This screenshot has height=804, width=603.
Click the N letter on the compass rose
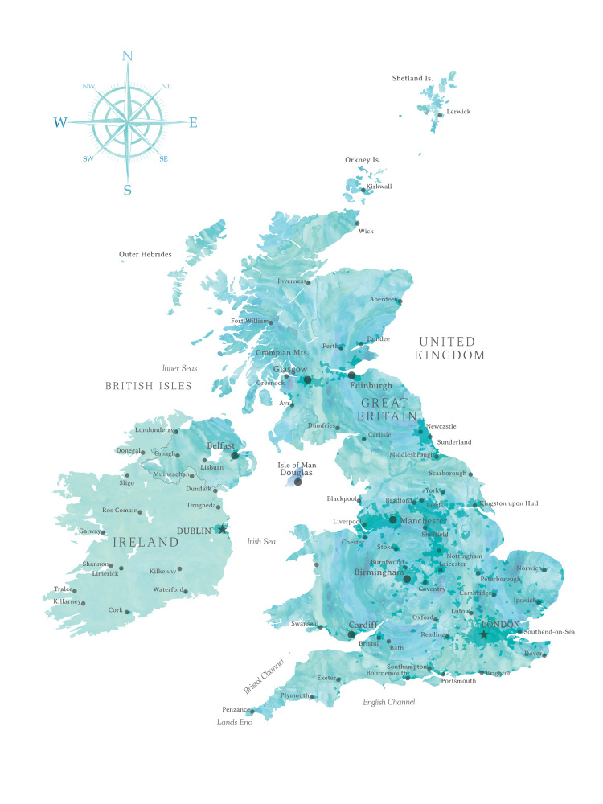(126, 55)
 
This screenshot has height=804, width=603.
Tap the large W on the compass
(60, 122)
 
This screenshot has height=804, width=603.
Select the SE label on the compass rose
(164, 159)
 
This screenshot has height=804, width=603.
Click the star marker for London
(483, 634)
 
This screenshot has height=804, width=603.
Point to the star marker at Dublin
(223, 529)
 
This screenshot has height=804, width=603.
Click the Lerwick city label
(458, 112)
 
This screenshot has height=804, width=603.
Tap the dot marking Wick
(358, 224)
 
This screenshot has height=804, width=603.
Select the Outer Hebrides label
(146, 255)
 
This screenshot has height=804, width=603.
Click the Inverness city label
(291, 281)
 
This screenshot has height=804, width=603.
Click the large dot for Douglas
(297, 482)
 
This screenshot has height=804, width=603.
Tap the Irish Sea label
(261, 542)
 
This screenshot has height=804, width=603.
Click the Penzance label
(235, 710)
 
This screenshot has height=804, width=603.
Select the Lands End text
(235, 723)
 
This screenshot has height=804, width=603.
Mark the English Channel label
(388, 703)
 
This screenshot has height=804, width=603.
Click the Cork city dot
(126, 612)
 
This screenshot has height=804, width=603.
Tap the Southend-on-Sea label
(549, 632)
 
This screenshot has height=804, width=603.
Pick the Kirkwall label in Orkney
(379, 187)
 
